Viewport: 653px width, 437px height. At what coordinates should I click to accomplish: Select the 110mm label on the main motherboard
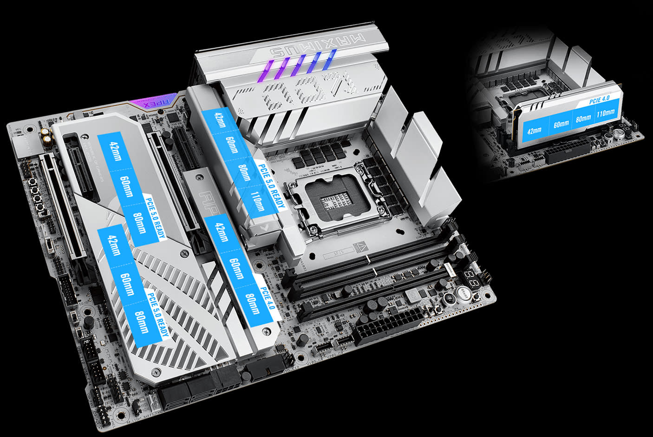coord(258,201)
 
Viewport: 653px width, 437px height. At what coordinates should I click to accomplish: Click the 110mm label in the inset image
coord(605,113)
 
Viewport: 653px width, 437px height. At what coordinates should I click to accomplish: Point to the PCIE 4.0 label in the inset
coord(599,99)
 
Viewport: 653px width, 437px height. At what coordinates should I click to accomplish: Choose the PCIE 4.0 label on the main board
coord(268,298)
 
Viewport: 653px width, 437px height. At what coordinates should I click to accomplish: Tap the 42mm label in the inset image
coord(535,130)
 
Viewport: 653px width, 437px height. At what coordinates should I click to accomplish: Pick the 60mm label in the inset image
coord(561,124)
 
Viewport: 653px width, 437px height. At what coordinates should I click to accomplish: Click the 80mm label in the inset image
coord(583,118)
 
